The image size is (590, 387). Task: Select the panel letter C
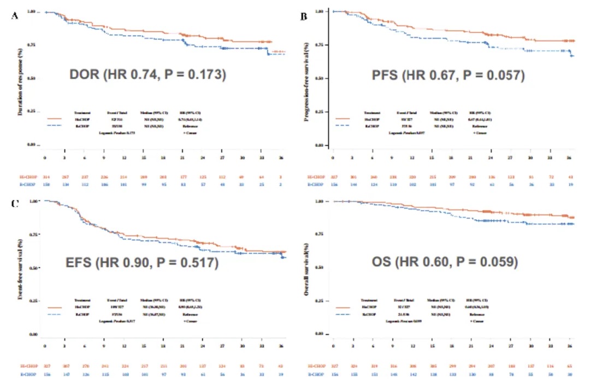click(15, 204)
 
